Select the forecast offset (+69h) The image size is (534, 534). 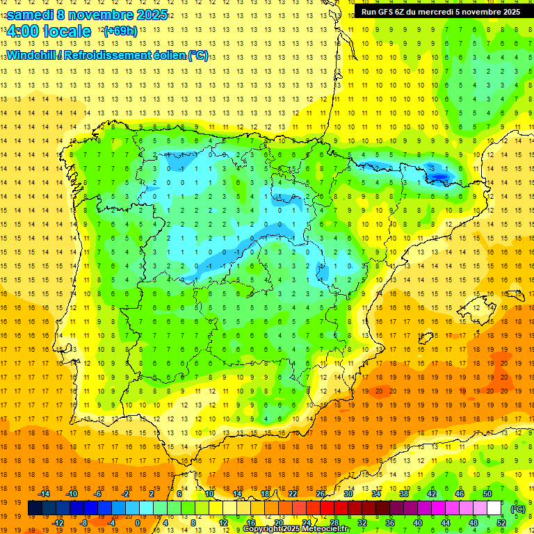coord(120,31)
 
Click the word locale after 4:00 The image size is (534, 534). coord(67,31)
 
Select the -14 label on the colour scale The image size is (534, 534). coord(44,494)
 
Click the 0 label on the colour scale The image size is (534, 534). coord(138,523)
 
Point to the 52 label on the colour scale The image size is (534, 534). coord(501,523)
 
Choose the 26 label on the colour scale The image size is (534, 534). coord(321,494)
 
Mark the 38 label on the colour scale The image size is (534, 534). coord(404,494)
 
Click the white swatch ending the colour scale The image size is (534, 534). coord(494,508)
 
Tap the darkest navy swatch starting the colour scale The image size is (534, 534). coord(35,508)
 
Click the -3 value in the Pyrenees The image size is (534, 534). coord(431,168)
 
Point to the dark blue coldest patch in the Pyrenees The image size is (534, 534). coord(439,177)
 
